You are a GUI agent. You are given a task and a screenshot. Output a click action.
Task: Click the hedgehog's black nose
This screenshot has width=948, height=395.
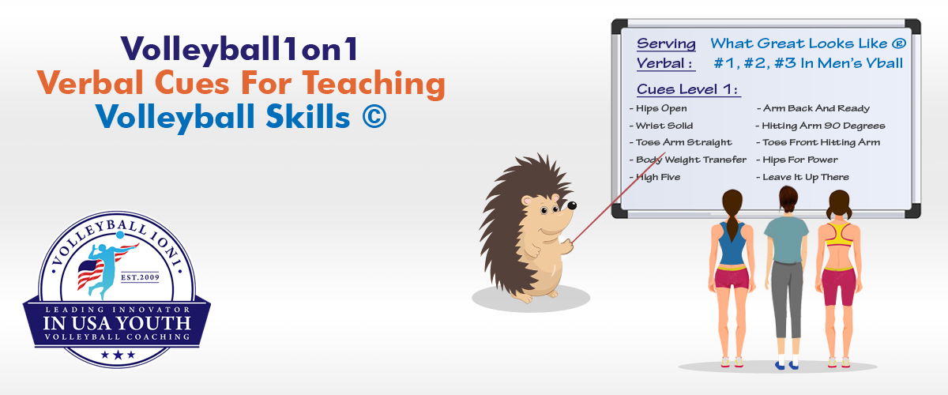[x=572, y=205]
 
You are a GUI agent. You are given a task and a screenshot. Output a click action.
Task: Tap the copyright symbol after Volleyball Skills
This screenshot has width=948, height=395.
[x=374, y=116]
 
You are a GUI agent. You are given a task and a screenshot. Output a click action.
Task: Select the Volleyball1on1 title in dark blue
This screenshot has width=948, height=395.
[x=239, y=49]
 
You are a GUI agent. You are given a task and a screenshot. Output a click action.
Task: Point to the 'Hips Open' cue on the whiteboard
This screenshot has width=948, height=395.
[x=658, y=109]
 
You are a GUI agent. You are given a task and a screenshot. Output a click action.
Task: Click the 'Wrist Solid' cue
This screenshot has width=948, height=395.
[x=661, y=126]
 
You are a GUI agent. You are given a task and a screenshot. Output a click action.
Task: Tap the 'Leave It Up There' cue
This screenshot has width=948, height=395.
[x=803, y=178]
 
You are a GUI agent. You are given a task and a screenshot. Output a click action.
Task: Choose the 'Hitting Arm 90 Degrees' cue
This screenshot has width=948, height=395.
[x=820, y=126]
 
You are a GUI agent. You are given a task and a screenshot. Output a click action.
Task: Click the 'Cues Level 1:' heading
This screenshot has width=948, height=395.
[x=688, y=89]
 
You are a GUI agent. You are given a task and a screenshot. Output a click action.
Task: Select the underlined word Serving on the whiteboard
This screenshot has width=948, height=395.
[x=666, y=44]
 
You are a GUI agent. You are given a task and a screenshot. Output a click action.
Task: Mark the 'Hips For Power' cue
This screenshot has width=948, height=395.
[x=797, y=160]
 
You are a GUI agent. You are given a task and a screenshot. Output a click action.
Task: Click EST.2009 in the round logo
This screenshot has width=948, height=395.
[x=140, y=278]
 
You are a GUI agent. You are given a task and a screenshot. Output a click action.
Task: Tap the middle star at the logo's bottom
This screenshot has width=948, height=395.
[x=118, y=355]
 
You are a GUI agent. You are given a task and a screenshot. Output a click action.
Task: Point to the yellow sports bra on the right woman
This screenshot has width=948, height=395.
[x=839, y=235]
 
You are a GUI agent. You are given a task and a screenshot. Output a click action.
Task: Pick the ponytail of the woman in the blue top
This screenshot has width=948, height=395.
[x=732, y=227]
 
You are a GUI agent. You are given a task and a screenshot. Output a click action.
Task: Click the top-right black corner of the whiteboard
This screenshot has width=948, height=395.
[x=912, y=27]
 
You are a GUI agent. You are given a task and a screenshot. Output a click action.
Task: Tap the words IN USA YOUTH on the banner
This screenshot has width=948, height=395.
[x=117, y=324]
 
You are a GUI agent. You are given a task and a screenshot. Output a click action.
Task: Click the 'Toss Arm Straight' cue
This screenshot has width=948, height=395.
[x=680, y=143]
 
